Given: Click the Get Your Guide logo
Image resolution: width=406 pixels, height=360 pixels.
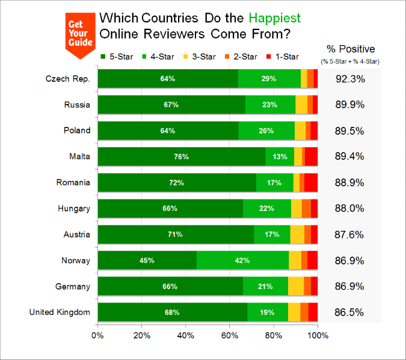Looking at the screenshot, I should pyautogui.click(x=80, y=35).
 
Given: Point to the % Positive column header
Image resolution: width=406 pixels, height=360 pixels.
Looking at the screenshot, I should pyautogui.click(x=350, y=49).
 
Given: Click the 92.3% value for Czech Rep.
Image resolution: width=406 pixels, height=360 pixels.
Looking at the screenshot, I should pyautogui.click(x=350, y=79).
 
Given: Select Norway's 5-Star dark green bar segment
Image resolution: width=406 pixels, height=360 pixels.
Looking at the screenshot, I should pyautogui.click(x=147, y=260).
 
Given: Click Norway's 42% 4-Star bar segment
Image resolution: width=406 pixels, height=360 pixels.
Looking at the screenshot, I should pyautogui.click(x=243, y=260).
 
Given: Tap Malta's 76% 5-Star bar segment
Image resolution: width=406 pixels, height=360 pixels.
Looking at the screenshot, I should pyautogui.click(x=181, y=156).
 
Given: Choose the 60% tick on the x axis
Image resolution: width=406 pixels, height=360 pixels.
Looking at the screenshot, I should pyautogui.click(x=229, y=335).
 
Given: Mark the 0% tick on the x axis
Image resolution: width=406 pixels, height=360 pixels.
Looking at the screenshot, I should pyautogui.click(x=97, y=335).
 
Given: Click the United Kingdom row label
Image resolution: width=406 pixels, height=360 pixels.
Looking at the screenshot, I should pyautogui.click(x=60, y=312).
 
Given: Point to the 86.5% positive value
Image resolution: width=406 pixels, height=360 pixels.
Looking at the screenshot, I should pyautogui.click(x=350, y=313).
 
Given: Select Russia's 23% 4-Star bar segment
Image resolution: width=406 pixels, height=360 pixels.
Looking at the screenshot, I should pyautogui.click(x=270, y=105).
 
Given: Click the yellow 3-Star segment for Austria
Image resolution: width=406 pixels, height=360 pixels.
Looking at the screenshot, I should pyautogui.click(x=297, y=234).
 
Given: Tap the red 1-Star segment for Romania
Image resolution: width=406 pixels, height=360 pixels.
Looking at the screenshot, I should pyautogui.click(x=311, y=182).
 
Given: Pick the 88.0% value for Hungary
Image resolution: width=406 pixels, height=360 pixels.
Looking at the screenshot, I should pyautogui.click(x=350, y=209).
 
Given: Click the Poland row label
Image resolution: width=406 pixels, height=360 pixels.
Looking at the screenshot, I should pyautogui.click(x=77, y=130).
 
